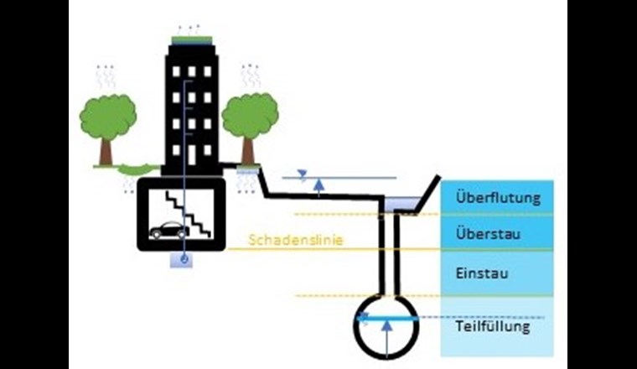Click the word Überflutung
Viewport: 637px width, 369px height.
tap(498, 200)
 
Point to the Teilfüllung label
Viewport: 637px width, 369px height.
tap(493, 326)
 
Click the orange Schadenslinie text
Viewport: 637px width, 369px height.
tap(285, 241)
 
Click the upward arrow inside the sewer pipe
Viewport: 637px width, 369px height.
tap(386, 336)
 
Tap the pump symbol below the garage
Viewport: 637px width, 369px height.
tap(182, 261)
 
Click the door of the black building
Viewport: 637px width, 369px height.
tap(192, 154)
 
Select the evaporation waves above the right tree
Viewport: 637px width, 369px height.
tap(250, 75)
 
